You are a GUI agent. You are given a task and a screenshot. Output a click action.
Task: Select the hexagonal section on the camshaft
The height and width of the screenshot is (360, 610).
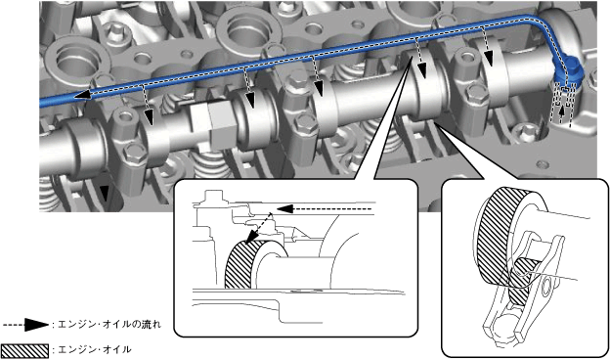point(211,124)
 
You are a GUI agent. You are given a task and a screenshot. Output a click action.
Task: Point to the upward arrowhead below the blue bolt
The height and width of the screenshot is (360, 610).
point(561,112)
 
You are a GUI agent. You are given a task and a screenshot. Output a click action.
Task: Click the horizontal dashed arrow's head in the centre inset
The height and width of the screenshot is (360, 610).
point(284,209)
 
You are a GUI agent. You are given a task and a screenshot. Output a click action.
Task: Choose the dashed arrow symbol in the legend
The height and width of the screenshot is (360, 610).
point(25,324)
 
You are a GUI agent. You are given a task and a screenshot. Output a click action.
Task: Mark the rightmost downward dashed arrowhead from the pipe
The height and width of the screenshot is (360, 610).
point(489,59)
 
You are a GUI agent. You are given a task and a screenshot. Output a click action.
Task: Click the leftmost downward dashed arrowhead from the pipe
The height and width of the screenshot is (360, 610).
point(149,117)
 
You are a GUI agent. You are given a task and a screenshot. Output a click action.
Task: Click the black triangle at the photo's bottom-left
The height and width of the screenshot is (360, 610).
point(104,191)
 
